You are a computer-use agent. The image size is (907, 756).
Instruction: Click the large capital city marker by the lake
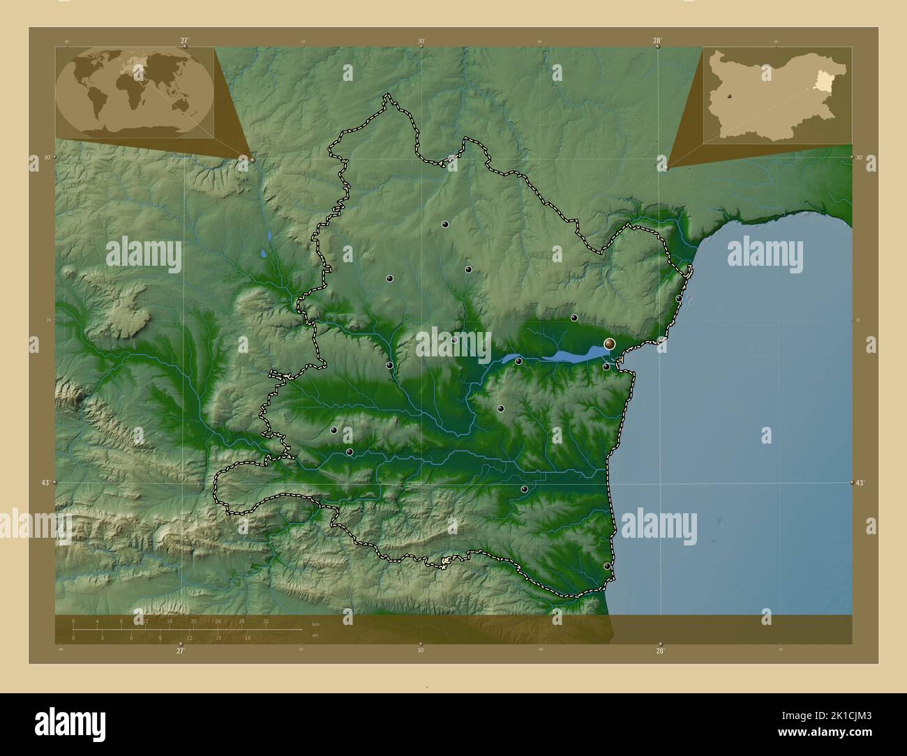point(610,343)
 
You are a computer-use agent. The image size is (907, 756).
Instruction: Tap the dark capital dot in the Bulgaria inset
point(728,96)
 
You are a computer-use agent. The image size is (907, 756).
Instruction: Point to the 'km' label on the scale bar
point(315,623)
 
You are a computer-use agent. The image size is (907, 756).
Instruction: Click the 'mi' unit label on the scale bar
point(315,635)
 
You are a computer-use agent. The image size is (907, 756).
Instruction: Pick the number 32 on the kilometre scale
point(266,621)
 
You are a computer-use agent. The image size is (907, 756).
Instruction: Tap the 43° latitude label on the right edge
point(860,483)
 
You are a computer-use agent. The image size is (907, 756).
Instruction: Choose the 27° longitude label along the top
point(184,40)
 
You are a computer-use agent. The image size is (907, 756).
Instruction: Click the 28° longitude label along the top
point(658,40)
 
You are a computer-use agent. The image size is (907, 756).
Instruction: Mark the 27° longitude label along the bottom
point(181,651)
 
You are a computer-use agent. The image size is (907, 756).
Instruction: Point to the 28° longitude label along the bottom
point(660,651)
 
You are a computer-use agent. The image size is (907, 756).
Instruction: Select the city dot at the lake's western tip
point(518,361)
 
